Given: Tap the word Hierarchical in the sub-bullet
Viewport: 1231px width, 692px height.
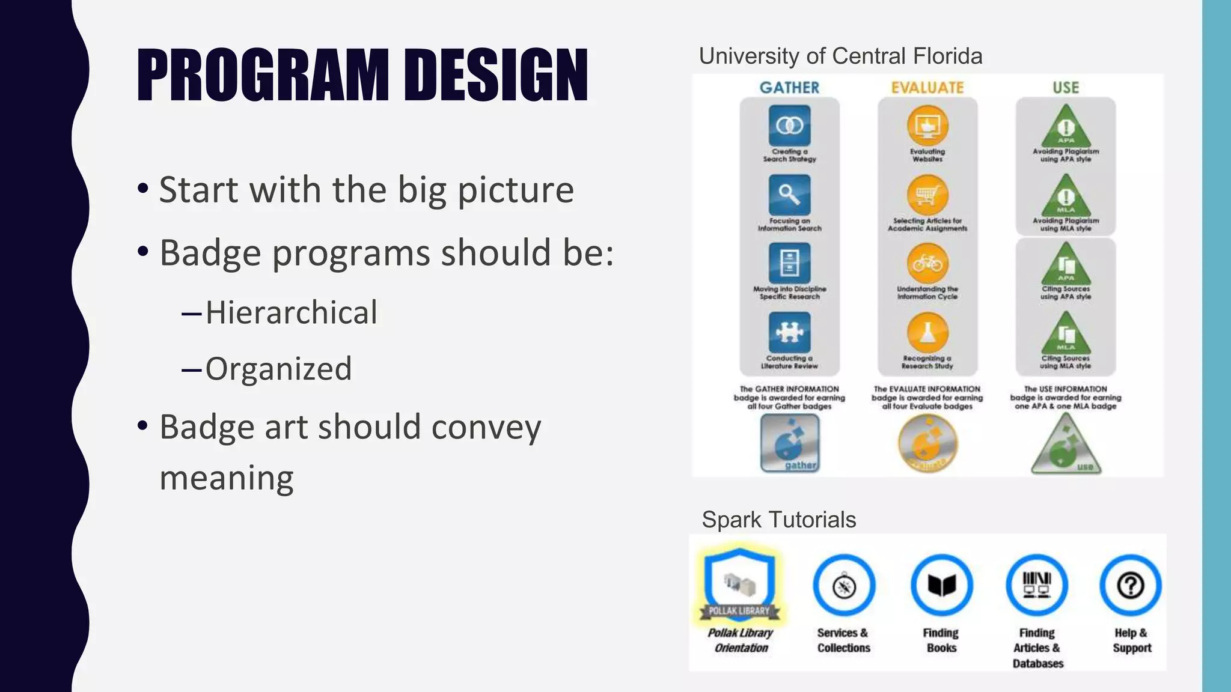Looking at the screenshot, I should (291, 312).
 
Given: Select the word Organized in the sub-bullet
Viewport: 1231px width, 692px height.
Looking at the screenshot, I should (278, 368).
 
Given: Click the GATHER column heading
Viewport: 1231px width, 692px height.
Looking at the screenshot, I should (789, 88).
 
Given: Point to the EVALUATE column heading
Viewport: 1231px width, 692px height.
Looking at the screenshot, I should (927, 88).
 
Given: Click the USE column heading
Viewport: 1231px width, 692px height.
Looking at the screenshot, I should (1066, 88).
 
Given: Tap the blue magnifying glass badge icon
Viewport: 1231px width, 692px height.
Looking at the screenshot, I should (789, 195).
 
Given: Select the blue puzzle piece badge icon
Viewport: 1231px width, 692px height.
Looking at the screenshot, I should (789, 332).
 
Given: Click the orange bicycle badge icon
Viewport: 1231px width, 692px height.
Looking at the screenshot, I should (927, 264).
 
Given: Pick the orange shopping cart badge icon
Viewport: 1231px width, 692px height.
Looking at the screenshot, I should (927, 195).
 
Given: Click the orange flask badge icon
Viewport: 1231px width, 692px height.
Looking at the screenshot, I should (927, 332).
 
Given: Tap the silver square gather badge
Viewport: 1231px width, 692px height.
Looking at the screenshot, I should (790, 443).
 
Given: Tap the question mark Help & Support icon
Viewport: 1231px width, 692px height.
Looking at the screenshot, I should (1130, 585).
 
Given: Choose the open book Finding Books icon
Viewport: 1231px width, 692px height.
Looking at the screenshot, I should (941, 585).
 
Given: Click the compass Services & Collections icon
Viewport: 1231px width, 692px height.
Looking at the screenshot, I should (844, 586).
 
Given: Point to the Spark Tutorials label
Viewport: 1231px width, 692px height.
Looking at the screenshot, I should (778, 520).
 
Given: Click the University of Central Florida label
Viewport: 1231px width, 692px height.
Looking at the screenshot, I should (840, 56).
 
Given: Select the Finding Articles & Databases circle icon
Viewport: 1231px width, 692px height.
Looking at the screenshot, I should (1036, 585).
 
